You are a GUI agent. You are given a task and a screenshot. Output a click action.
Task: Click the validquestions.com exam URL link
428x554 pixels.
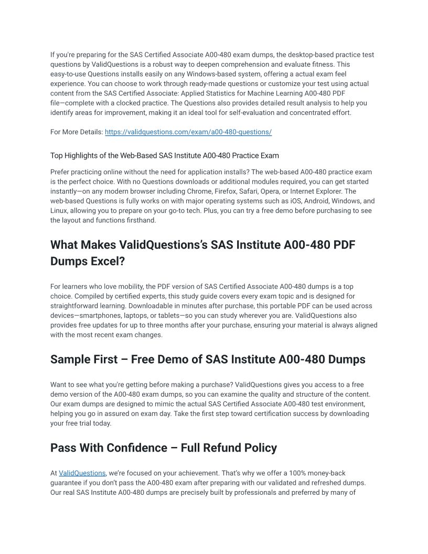click(x=188, y=132)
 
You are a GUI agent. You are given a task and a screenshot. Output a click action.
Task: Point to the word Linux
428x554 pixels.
click(x=59, y=211)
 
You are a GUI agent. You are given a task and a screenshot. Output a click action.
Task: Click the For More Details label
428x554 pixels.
click(x=77, y=132)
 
